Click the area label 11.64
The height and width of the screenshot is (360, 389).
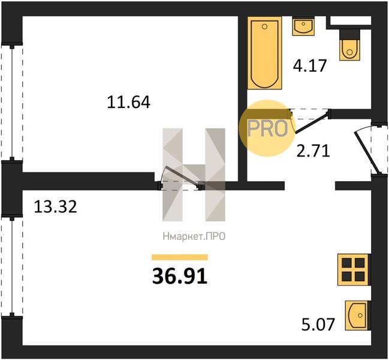[128, 102]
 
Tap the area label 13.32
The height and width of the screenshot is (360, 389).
[55, 206]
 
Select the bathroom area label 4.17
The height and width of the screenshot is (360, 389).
[310, 66]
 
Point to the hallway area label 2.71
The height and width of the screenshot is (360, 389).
[313, 151]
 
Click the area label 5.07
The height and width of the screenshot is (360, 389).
[318, 324]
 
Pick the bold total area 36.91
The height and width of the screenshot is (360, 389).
[180, 277]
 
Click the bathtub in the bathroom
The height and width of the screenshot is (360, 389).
[265, 53]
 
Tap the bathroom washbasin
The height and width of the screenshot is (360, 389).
[303, 26]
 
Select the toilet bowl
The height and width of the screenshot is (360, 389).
[349, 50]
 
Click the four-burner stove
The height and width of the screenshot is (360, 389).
[354, 269]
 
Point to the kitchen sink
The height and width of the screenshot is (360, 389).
[357, 316]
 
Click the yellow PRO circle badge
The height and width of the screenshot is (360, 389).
[267, 128]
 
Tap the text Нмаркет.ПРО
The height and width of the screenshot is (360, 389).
[194, 236]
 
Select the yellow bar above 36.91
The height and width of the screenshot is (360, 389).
[180, 257]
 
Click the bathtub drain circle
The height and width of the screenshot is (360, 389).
[265, 26]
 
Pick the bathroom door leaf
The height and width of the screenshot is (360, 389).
[312, 122]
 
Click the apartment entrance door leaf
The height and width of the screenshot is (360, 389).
[367, 152]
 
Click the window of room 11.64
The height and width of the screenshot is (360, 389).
[11, 102]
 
